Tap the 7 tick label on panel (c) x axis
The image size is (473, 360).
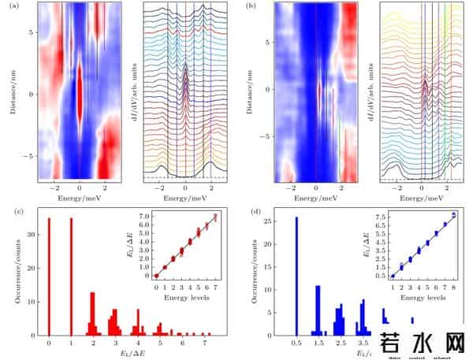pos(205,344)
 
